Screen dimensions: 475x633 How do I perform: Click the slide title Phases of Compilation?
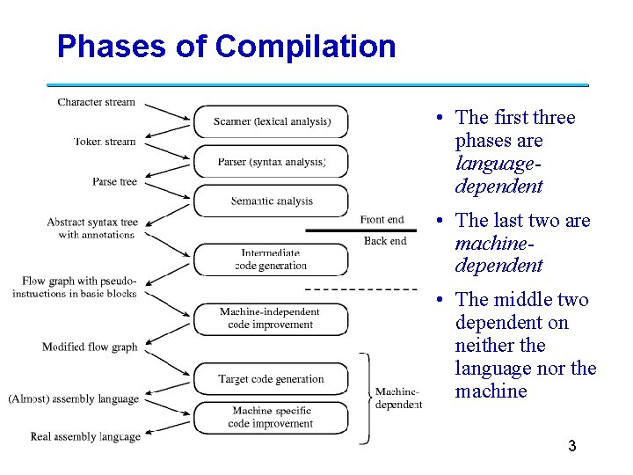226,46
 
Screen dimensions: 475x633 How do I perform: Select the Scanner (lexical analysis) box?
271,121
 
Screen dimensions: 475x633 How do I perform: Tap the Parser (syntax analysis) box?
271,162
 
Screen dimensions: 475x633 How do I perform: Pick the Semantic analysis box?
271,201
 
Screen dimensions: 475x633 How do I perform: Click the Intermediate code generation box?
271,259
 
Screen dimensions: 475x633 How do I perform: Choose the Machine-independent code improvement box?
271,318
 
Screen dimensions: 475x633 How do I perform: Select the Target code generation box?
271,379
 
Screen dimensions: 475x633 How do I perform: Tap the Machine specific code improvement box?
271,417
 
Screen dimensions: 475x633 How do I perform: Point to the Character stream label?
97,102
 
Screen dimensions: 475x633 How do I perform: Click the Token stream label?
105,141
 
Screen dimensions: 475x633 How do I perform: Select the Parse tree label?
115,181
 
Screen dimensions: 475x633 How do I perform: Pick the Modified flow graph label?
90,347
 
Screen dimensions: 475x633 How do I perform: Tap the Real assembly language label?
85,436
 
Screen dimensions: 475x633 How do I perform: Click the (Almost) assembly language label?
74,398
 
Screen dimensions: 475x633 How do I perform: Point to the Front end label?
382,219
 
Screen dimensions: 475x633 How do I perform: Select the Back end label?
385,240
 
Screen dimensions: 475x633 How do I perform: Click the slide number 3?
571,446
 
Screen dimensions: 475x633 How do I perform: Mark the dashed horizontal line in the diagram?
360,289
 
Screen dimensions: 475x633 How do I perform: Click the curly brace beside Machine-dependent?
366,398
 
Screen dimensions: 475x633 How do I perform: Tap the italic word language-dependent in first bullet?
498,175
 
